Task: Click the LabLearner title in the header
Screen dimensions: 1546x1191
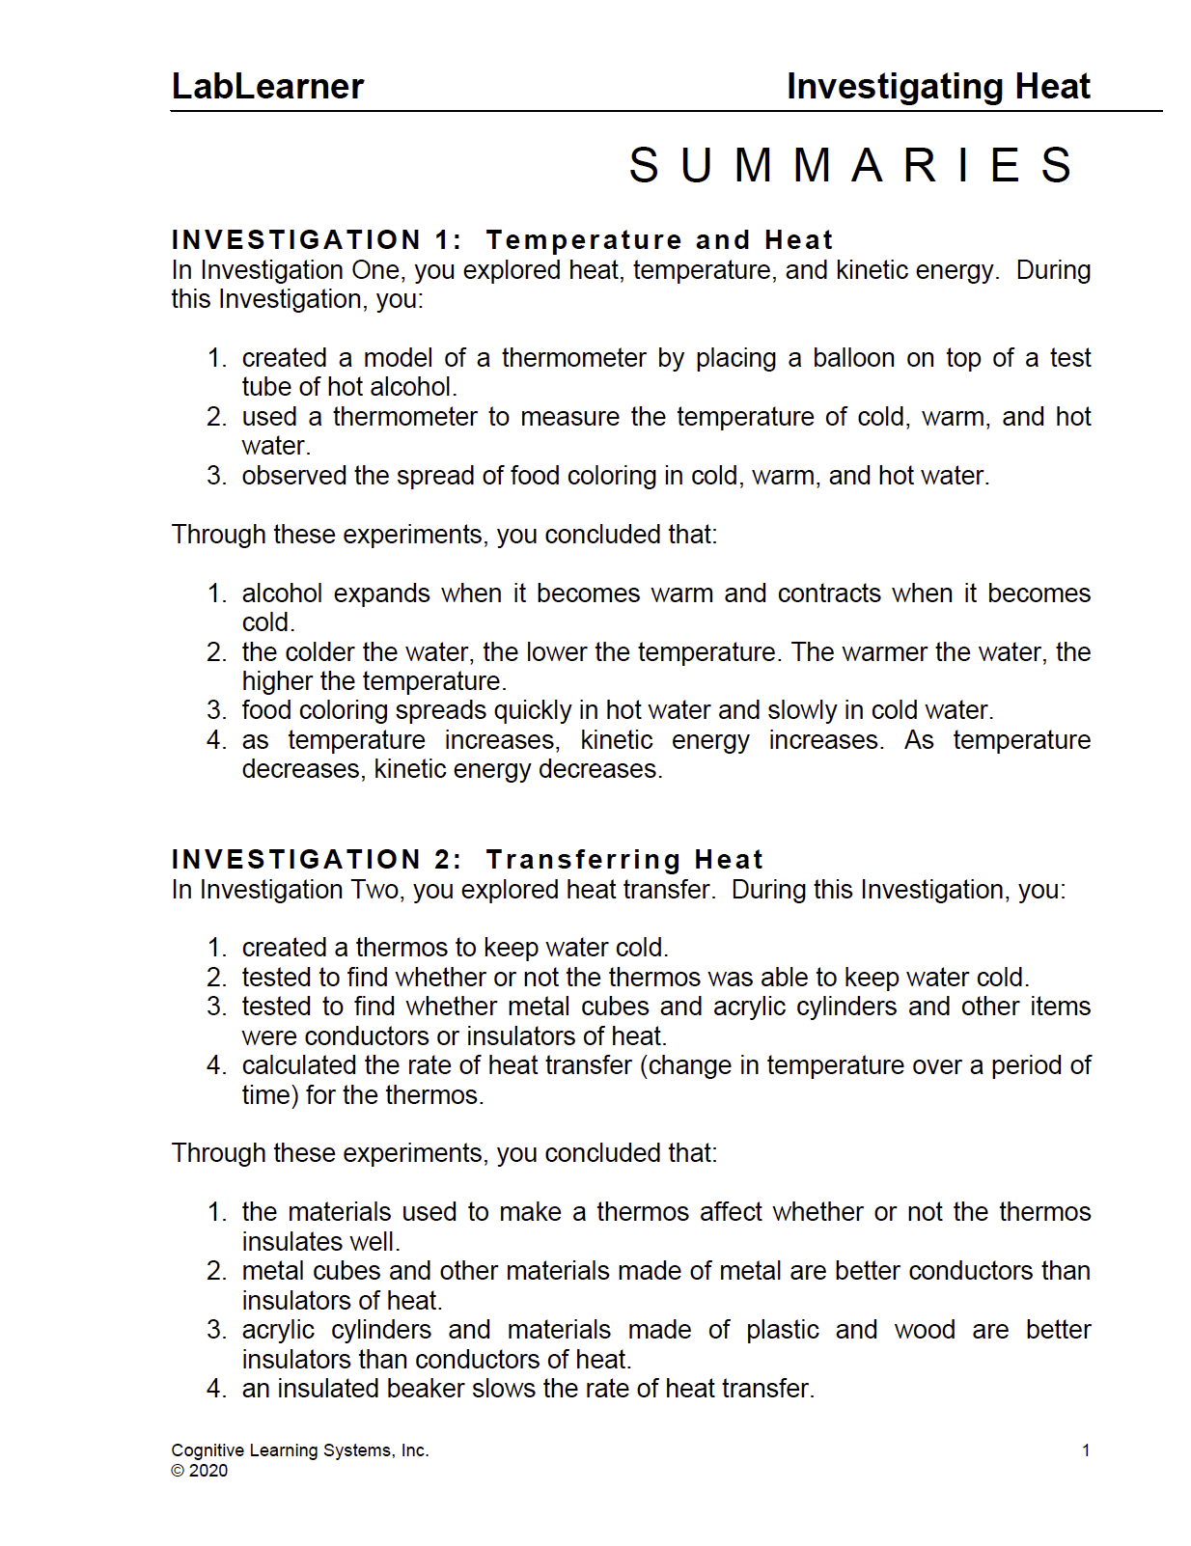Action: tap(267, 87)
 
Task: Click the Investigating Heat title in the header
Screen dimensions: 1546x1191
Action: tap(937, 87)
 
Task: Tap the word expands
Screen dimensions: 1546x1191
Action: tap(381, 594)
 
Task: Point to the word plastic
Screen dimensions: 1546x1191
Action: tap(782, 1330)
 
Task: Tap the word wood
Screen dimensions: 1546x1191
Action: tap(925, 1330)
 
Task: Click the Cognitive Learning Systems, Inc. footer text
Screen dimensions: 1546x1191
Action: tap(299, 1450)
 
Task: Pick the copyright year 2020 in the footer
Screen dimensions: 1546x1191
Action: tap(208, 1471)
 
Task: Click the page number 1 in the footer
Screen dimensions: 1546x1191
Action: tap(1086, 1450)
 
